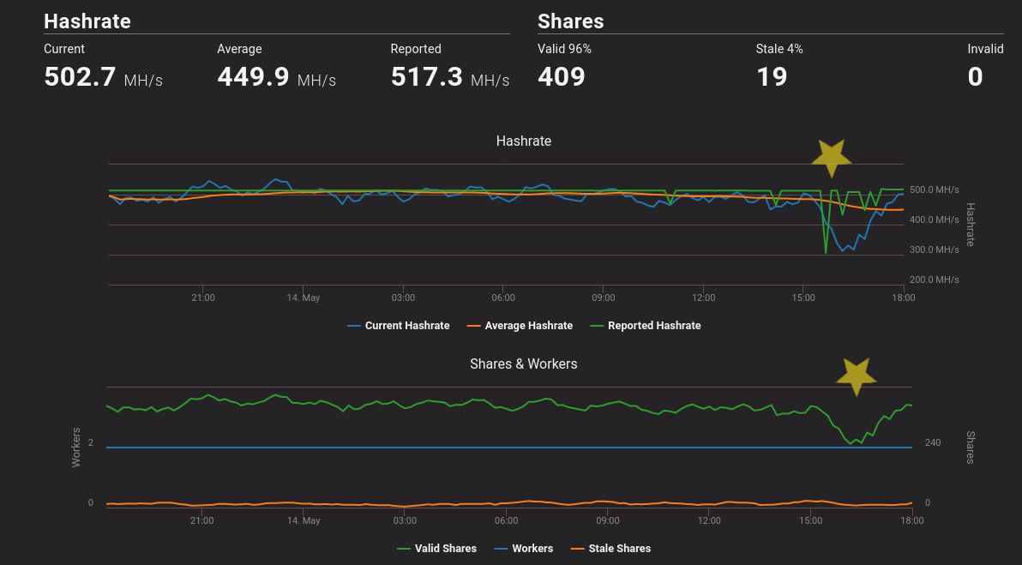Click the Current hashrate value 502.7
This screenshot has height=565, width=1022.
(80, 77)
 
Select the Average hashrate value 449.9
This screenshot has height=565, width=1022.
(253, 77)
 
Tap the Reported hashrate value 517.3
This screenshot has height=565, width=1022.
(427, 77)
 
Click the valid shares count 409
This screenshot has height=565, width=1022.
(562, 77)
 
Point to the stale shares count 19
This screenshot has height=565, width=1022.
(772, 77)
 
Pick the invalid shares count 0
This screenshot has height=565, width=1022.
(976, 77)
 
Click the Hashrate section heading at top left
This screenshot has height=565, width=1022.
(87, 21)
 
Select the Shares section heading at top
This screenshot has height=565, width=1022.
(571, 21)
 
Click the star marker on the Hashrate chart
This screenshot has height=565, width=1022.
(831, 158)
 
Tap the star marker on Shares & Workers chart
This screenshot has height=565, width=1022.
(856, 376)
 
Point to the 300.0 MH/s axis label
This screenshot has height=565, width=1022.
(935, 249)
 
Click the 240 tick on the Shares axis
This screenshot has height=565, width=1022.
(933, 442)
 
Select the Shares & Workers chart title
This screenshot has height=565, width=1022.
(524, 364)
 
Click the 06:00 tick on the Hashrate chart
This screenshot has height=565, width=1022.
(503, 298)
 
